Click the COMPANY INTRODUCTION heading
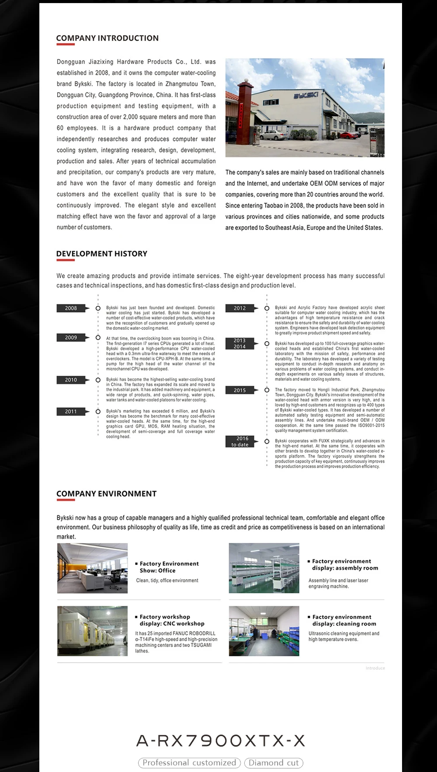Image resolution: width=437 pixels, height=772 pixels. (107, 38)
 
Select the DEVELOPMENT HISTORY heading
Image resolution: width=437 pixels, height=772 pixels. (102, 254)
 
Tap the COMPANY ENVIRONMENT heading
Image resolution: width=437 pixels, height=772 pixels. (106, 494)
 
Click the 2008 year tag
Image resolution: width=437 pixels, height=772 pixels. (71, 308)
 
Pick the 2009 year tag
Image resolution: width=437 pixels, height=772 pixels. (71, 338)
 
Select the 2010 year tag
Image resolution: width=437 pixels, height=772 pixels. (71, 380)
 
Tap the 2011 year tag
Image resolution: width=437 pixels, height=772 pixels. (71, 412)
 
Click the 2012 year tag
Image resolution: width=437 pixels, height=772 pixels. (239, 308)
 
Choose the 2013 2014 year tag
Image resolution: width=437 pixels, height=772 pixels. (239, 343)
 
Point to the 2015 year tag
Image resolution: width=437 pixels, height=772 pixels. (239, 390)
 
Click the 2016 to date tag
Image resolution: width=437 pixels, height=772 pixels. (239, 442)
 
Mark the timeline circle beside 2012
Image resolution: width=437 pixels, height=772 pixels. (267, 308)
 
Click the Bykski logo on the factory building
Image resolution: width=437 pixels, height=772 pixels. (305, 95)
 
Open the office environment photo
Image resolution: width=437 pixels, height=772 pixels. (92, 568)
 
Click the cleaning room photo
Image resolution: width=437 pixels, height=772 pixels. (264, 631)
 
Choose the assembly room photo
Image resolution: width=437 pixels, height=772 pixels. (264, 568)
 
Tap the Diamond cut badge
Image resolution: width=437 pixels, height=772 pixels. (274, 763)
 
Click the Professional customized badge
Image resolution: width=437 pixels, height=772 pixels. (190, 763)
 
